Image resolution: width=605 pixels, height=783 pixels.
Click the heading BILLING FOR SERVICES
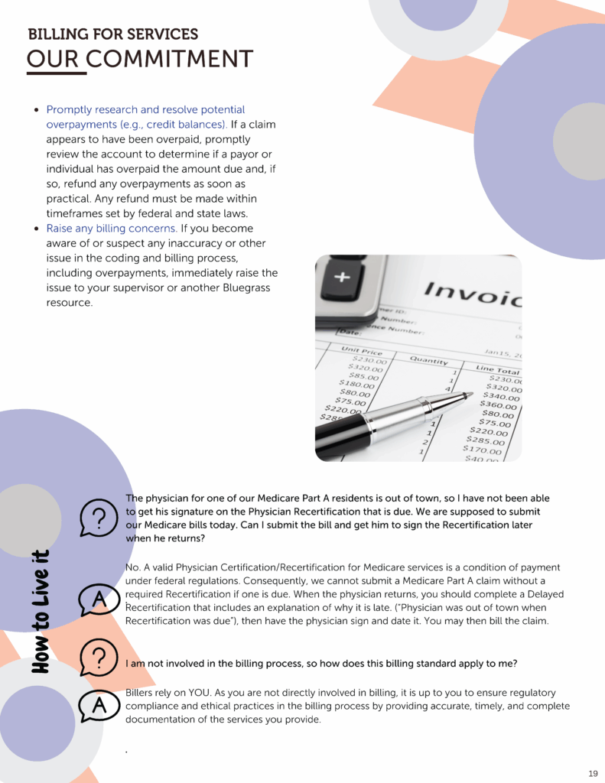coord(112,34)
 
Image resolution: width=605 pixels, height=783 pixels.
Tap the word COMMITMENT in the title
coord(170,59)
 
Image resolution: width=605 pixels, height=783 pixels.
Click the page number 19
coord(594,773)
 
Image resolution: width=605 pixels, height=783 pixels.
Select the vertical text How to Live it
coord(41,611)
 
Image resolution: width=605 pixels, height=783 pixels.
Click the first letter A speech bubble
coord(98,601)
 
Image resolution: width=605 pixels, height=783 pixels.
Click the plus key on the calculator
coord(342,276)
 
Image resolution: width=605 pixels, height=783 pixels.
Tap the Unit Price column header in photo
coord(361,351)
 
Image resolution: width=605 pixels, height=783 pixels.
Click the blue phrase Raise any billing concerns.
coord(112,229)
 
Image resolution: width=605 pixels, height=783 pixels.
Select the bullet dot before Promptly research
coord(36,110)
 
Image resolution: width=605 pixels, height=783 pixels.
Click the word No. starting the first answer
coord(132,567)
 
